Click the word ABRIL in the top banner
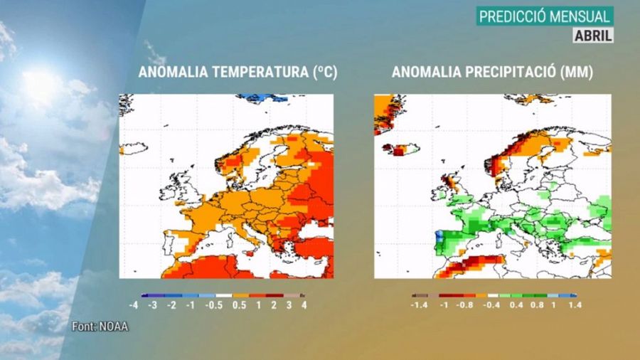click(593, 34)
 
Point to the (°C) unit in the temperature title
click(323, 73)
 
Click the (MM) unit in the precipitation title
click(577, 73)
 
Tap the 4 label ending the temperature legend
click(304, 305)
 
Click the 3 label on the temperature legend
click(289, 305)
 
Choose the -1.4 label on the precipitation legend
click(420, 305)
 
